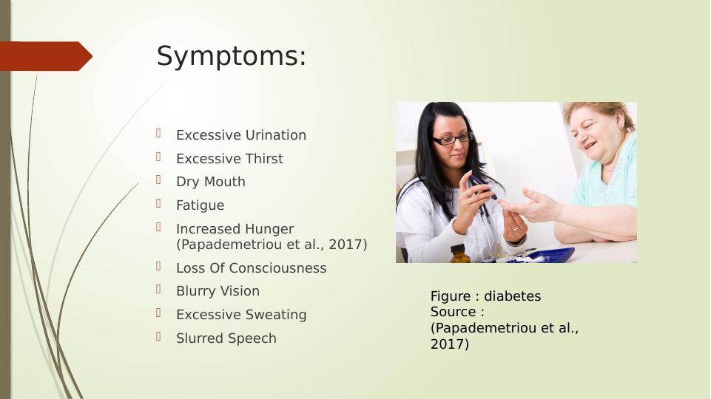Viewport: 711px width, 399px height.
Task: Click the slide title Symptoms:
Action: (232, 57)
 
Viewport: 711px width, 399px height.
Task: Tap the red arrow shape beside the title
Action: (46, 56)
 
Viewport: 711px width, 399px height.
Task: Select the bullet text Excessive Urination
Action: (240, 135)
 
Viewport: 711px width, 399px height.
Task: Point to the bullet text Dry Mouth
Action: (210, 182)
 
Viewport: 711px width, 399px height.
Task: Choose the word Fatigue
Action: (200, 205)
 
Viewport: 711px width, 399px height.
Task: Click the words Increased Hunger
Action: (235, 229)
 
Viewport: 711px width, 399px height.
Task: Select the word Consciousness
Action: (277, 268)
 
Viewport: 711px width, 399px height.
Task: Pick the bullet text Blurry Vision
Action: (218, 291)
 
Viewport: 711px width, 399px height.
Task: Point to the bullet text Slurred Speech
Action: (226, 338)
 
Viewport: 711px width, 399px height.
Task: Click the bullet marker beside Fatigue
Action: (159, 203)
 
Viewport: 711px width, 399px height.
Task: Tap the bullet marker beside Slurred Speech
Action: (159, 336)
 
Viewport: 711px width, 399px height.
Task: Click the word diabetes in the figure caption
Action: (513, 296)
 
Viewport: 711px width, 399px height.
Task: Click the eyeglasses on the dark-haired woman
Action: (453, 139)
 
